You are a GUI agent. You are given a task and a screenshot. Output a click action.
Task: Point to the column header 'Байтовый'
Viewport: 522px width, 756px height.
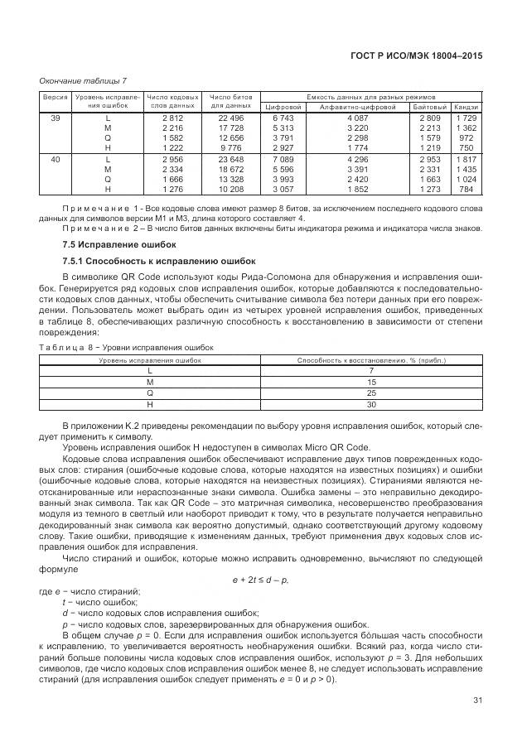click(x=430, y=108)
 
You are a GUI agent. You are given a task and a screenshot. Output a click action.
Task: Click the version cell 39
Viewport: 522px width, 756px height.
click(x=55, y=118)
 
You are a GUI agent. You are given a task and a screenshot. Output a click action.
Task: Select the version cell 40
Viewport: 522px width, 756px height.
click(x=55, y=158)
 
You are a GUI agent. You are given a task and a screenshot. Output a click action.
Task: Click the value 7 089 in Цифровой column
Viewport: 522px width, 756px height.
click(x=283, y=158)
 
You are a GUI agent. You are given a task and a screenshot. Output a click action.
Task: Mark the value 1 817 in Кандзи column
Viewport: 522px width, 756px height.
click(x=466, y=158)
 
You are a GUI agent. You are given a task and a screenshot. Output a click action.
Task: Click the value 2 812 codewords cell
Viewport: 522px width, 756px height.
click(x=173, y=118)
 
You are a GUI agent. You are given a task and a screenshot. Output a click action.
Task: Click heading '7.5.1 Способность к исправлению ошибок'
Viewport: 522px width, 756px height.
click(x=146, y=260)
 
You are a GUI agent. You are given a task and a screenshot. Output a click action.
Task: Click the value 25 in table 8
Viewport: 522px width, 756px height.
click(x=371, y=393)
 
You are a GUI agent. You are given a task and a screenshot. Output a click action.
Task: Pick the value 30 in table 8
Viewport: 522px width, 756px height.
click(x=371, y=405)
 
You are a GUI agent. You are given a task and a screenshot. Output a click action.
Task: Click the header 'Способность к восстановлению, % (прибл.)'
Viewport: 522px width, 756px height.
click(x=371, y=359)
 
